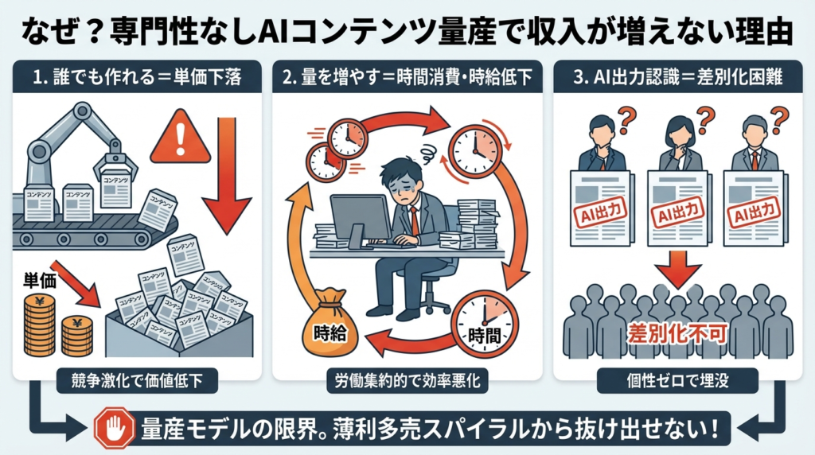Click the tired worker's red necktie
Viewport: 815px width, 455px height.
click(x=415, y=218)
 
